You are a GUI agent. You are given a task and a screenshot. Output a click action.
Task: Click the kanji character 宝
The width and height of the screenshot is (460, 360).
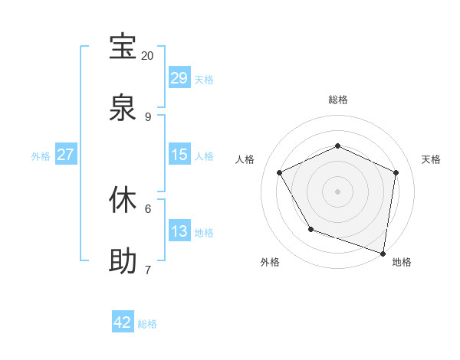pyautogui.click(x=123, y=47)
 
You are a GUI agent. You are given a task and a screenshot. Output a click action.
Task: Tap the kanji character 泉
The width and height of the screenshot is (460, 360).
pyautogui.click(x=123, y=108)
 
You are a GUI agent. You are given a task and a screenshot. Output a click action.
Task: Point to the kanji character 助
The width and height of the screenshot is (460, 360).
pyautogui.click(x=123, y=261)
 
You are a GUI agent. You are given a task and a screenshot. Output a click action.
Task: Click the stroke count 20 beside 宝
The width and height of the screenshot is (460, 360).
pyautogui.click(x=148, y=56)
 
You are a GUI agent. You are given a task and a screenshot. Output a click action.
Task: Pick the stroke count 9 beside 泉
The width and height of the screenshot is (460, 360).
pyautogui.click(x=148, y=117)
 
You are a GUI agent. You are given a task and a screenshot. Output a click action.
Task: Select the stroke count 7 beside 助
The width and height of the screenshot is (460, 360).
pyautogui.click(x=148, y=270)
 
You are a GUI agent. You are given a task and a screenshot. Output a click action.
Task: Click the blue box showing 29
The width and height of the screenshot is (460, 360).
pyautogui.click(x=179, y=78)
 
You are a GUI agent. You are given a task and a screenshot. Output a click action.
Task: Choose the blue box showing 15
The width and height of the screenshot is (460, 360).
pyautogui.click(x=179, y=155)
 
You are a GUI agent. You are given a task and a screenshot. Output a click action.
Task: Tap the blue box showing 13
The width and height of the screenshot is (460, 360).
pyautogui.click(x=179, y=231)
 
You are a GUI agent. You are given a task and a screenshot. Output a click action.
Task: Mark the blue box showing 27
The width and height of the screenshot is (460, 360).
pyautogui.click(x=66, y=155)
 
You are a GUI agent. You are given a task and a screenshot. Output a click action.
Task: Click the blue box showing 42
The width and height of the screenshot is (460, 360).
pyautogui.click(x=123, y=323)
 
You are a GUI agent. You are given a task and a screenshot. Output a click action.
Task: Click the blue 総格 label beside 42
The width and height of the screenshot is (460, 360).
pyautogui.click(x=147, y=324)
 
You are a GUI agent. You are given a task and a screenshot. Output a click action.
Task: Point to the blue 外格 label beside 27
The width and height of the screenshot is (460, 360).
pyautogui.click(x=41, y=155)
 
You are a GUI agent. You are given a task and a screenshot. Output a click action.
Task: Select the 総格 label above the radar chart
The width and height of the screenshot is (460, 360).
pyautogui.click(x=338, y=100)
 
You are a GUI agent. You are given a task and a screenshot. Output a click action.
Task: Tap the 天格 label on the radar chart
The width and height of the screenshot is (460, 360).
pyautogui.click(x=431, y=159)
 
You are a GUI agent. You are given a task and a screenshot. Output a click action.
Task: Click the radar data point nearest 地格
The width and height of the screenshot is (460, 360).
pyautogui.click(x=383, y=252)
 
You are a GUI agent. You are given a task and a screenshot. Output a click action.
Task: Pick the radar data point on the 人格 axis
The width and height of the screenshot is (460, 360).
pyautogui.click(x=280, y=172)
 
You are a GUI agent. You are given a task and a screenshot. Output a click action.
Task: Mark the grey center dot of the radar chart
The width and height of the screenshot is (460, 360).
pyautogui.click(x=338, y=191)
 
